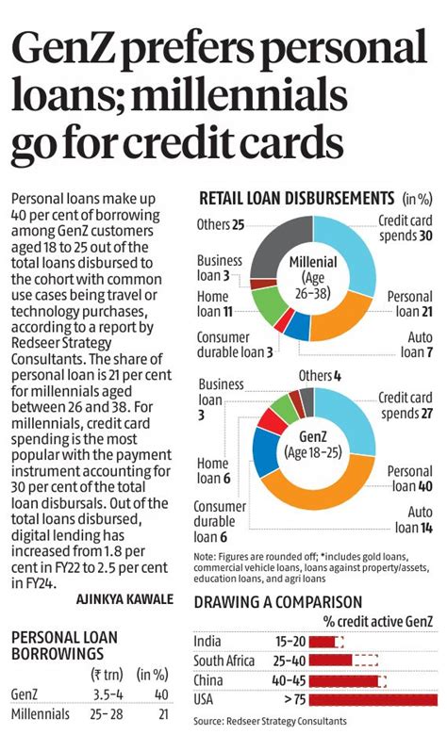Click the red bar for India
(x=323, y=642)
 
